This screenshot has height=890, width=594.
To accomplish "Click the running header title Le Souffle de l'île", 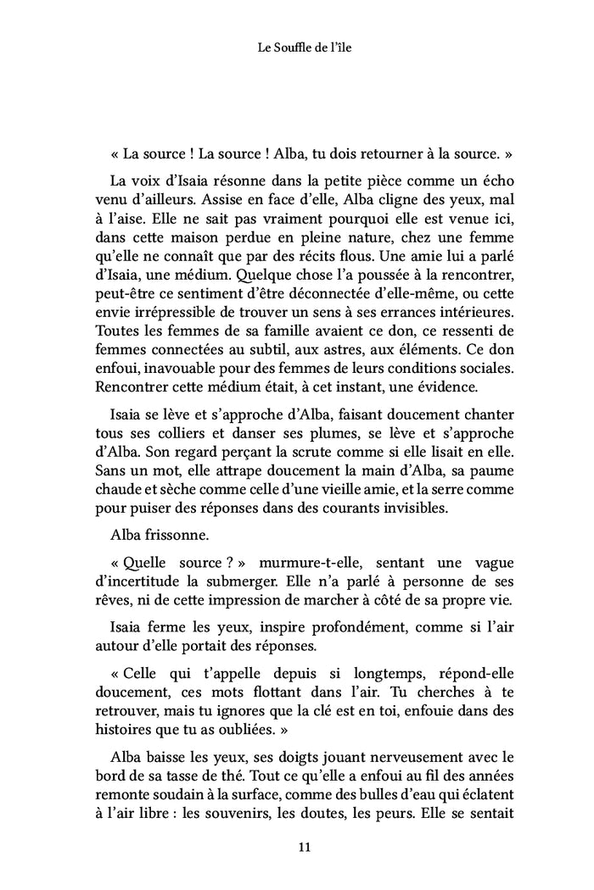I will (x=297, y=48).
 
